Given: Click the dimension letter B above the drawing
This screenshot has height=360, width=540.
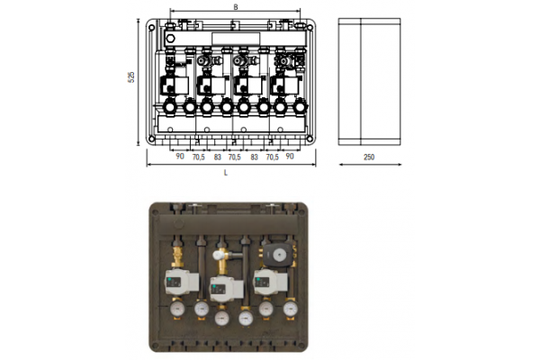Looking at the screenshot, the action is point(236,7).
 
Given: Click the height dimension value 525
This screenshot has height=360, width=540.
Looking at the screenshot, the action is point(131,77).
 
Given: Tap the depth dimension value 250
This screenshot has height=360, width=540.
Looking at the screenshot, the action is point(369,157).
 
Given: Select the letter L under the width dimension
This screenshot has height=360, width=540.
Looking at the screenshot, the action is point(226,173).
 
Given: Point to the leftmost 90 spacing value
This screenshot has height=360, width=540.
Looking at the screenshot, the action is point(180,156).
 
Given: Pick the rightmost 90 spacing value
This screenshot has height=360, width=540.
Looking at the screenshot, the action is point(290,157).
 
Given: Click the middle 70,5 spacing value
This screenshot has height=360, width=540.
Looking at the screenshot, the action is point(235,157).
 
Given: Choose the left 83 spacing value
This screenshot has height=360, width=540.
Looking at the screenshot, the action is point(217,157).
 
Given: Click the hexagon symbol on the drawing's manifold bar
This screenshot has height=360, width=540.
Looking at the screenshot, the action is point(170,38).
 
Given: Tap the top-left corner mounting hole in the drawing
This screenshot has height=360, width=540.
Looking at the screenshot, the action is point(151,28).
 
